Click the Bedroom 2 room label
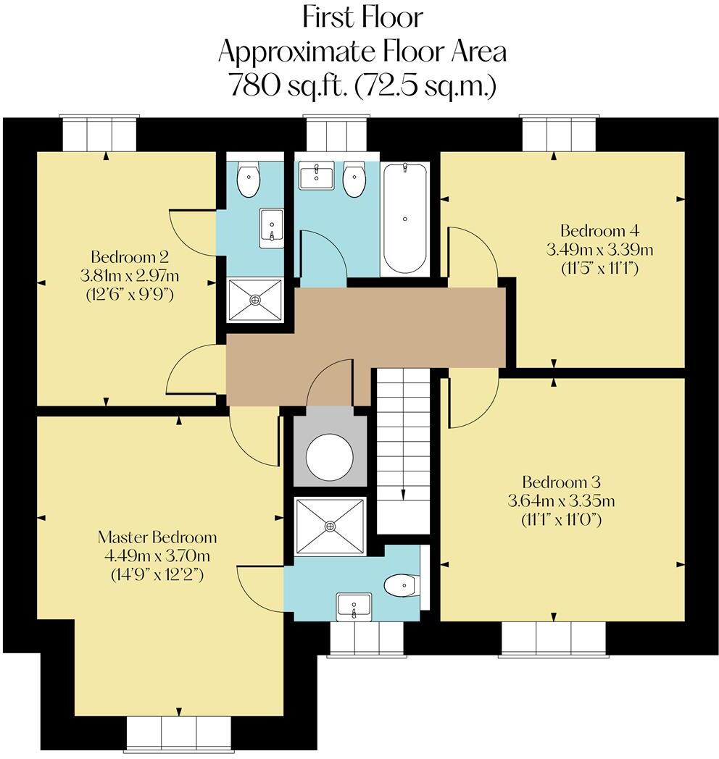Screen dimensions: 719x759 click(x=129, y=256)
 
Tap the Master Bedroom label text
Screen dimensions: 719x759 click(x=157, y=537)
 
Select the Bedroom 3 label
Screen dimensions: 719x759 click(x=562, y=482)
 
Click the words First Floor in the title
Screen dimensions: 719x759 click(x=362, y=18)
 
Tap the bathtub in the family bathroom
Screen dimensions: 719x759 click(x=404, y=219)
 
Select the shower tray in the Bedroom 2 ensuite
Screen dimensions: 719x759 click(x=255, y=300)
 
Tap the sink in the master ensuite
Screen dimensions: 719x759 click(x=354, y=607)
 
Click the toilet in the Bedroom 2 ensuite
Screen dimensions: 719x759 click(x=249, y=180)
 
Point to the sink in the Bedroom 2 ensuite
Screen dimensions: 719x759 click(x=271, y=228)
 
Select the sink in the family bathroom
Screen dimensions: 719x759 click(x=317, y=175)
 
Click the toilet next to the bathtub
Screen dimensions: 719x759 click(x=354, y=180)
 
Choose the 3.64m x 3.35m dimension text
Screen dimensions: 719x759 click(x=562, y=501)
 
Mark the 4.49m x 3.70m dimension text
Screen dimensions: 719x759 click(x=157, y=556)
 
